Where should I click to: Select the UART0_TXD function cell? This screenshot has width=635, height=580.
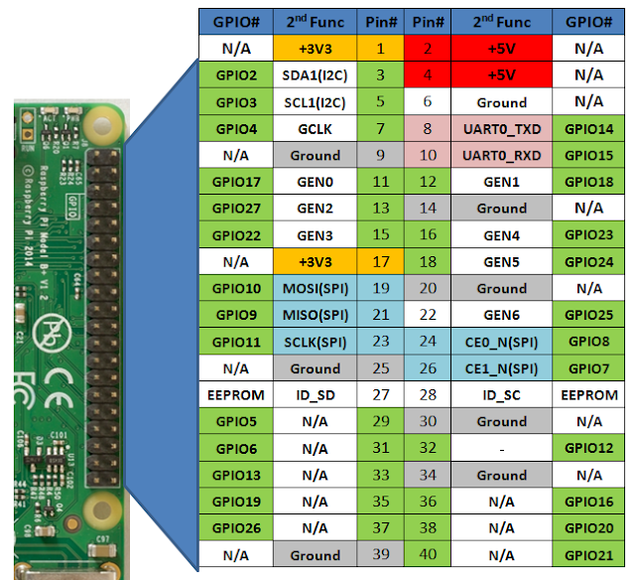pyautogui.click(x=501, y=129)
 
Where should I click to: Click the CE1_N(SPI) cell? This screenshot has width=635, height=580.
pyautogui.click(x=501, y=368)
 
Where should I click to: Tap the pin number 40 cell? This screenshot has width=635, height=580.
pyautogui.click(x=428, y=555)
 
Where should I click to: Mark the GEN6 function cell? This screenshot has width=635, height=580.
pyautogui.click(x=501, y=316)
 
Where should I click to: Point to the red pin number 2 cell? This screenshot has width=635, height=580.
pyautogui.click(x=428, y=49)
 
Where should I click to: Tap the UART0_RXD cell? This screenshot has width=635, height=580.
pyautogui.click(x=501, y=156)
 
